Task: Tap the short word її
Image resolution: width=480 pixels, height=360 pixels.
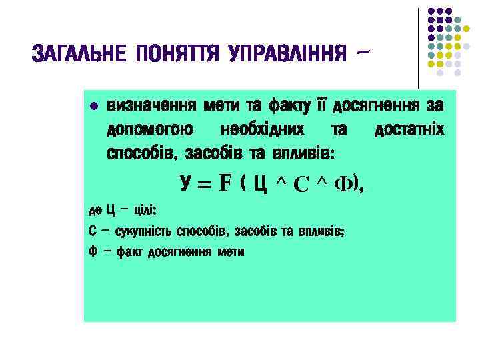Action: click(x=323, y=105)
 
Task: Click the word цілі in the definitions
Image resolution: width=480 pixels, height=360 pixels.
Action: click(x=145, y=210)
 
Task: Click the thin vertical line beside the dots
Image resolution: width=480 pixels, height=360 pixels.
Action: click(x=419, y=47)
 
